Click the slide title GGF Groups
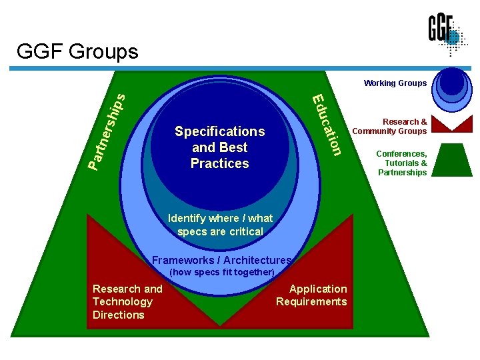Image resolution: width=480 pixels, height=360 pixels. tap(77, 51)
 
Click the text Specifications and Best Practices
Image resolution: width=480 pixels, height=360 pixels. tap(219, 147)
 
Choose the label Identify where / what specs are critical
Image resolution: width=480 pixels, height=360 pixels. tap(220, 225)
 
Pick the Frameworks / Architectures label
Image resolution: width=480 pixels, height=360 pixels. tap(221, 260)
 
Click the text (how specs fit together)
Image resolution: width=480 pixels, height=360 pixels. tap(222, 273)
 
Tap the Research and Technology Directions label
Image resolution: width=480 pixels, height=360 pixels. tap(127, 301)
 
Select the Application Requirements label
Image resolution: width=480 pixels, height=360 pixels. tap(311, 295)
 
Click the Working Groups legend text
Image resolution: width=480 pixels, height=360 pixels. tap(395, 83)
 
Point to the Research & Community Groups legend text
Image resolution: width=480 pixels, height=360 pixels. tap(389, 126)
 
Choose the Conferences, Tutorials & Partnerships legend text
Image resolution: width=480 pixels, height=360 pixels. tap(402, 163)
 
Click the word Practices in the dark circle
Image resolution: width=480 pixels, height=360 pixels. tap(219, 163)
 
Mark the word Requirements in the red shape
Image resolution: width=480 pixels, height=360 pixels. tap(311, 301)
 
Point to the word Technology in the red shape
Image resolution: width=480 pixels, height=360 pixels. tap(122, 301)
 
